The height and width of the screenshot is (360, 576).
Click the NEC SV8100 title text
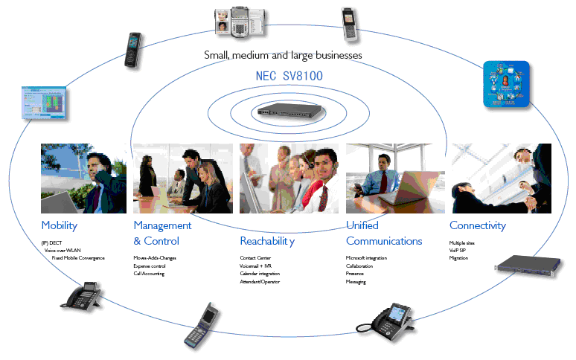[289, 76]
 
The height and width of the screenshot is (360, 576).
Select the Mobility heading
[60, 225]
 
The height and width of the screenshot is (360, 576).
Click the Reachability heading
[267, 241]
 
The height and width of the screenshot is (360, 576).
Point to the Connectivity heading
[477, 225]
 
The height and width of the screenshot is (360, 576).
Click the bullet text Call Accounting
[149, 274]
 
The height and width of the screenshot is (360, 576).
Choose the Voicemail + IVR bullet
[256, 266]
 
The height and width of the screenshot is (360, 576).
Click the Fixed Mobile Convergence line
[79, 258]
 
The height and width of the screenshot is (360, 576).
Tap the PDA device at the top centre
[237, 22]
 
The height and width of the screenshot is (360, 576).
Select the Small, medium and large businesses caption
[284, 55]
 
